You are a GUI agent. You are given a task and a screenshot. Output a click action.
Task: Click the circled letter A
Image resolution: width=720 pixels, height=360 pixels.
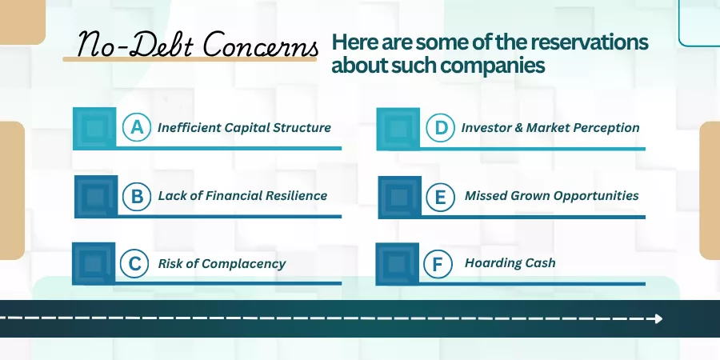click(x=137, y=127)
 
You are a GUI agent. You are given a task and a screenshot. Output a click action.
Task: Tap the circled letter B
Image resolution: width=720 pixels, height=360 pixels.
click(x=137, y=196)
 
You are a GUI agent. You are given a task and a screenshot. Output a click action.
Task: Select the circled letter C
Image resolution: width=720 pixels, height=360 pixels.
click(x=134, y=264)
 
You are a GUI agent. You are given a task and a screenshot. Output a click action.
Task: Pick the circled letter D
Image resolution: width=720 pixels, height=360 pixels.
click(x=441, y=127)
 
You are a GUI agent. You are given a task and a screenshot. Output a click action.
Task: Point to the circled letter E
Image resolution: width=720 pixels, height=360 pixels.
click(x=440, y=197)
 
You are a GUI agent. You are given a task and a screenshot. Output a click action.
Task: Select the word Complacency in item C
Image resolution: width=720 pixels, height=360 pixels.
click(x=243, y=264)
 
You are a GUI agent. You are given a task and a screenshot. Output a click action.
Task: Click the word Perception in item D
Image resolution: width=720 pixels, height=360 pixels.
click(x=609, y=128)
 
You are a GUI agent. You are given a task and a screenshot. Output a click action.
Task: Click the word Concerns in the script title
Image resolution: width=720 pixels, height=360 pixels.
click(x=261, y=45)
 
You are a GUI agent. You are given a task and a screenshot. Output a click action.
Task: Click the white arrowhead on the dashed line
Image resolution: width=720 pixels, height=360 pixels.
click(x=658, y=318)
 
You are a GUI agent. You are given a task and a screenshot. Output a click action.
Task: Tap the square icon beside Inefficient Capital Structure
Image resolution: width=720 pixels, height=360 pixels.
click(x=94, y=129)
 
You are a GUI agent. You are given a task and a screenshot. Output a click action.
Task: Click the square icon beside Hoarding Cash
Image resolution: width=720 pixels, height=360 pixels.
click(x=397, y=264)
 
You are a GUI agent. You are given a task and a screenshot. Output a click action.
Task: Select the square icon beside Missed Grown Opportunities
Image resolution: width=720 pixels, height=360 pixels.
click(x=399, y=197)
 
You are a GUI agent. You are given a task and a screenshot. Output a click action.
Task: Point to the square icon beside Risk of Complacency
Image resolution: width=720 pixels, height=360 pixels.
click(x=94, y=263)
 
